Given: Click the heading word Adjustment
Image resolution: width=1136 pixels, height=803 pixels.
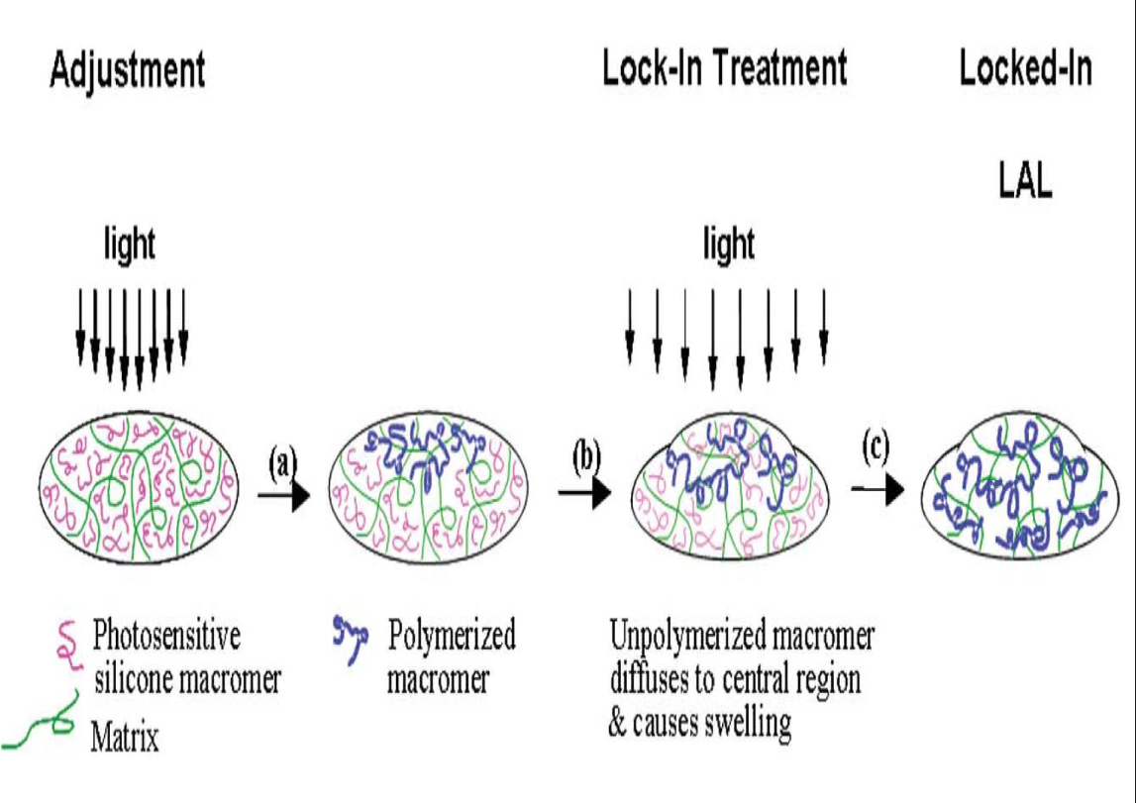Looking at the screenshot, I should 127,72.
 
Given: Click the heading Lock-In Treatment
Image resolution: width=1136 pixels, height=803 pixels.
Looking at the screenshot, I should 725,69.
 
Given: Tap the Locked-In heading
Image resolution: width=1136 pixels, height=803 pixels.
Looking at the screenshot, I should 1025,69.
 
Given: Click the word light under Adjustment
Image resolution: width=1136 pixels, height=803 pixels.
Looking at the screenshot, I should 130,244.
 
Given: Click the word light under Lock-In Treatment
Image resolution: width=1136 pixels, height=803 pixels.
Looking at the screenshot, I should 728,244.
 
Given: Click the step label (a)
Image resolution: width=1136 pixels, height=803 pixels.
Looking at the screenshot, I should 283,461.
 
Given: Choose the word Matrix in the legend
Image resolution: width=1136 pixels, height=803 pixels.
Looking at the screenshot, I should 125,738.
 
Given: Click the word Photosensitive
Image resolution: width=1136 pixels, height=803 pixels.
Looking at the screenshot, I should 166,635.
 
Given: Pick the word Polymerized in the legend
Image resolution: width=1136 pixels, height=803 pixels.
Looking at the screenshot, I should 452,635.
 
